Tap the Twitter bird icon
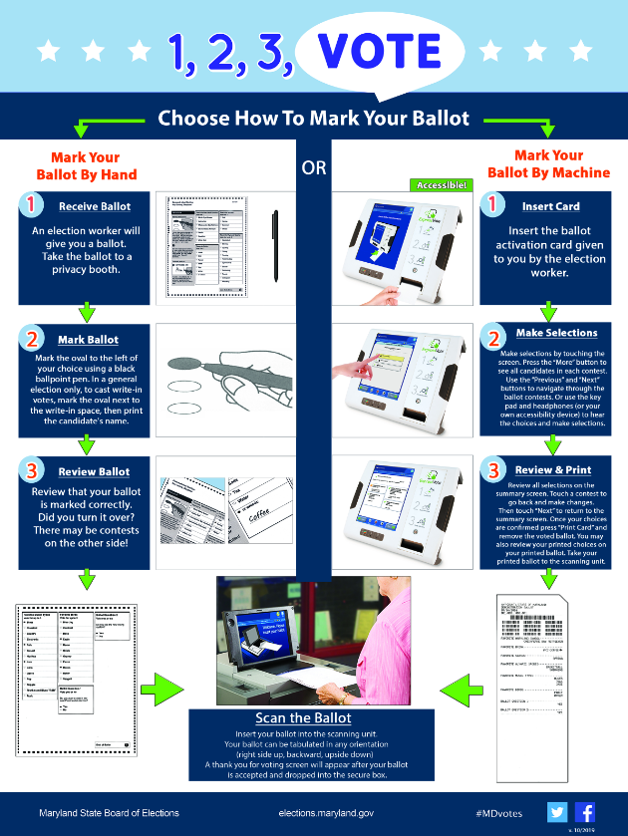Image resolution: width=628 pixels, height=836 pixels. coord(556,811)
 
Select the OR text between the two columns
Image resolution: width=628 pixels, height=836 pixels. coord(314,168)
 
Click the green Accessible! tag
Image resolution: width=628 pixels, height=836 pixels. coord(439,185)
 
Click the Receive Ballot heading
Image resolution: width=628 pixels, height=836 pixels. coord(95,207)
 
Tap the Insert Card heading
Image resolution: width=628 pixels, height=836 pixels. coord(550,207)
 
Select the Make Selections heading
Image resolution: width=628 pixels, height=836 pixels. coord(556,333)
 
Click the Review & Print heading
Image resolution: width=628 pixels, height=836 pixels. coord(553,470)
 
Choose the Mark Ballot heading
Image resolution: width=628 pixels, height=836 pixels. coord(88,340)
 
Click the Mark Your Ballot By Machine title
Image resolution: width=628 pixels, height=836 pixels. coord(548,164)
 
